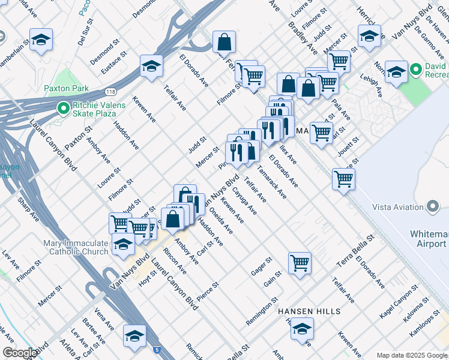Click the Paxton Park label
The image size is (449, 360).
coord(66,89)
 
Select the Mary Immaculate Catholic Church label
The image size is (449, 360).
coord(76,247)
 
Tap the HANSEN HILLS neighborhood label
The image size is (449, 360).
coord(309,311)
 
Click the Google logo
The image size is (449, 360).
coord(20,353)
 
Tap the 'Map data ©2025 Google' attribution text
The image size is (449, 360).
coord(411,355)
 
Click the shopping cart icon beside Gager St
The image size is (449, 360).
coord(300,262)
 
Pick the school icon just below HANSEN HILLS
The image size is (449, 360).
coord(302,328)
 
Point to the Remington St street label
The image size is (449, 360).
coord(262,311)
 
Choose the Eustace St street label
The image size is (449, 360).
coord(114,62)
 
